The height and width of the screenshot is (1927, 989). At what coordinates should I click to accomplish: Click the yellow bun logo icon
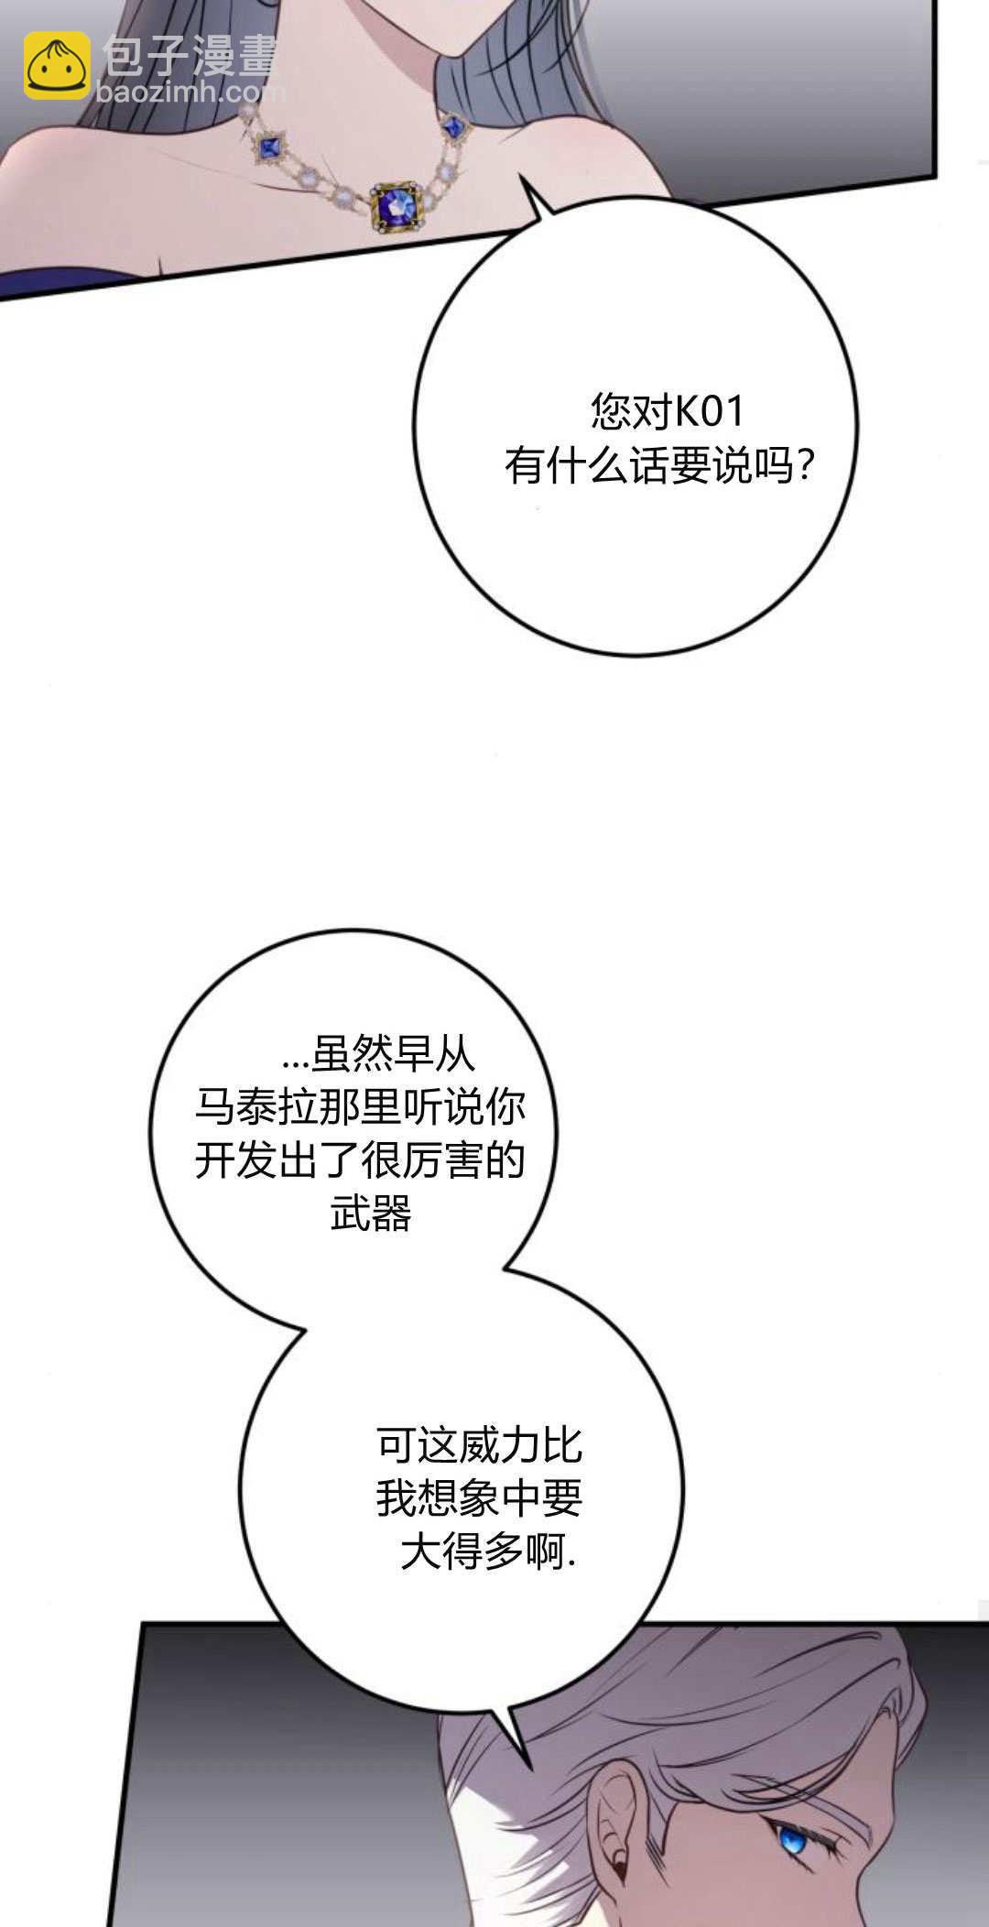coord(57,65)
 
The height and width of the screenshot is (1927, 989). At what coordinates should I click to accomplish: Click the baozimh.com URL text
coord(190,92)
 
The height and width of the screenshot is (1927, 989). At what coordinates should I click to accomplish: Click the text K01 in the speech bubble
coord(710,411)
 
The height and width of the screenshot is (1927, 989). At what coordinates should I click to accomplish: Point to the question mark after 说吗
coord(804,467)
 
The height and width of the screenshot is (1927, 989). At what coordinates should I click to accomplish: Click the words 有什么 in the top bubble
coord(566,467)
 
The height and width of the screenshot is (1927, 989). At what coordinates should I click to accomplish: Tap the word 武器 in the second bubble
coord(371,1214)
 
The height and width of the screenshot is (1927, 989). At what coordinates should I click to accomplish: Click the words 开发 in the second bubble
coord(236,1161)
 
